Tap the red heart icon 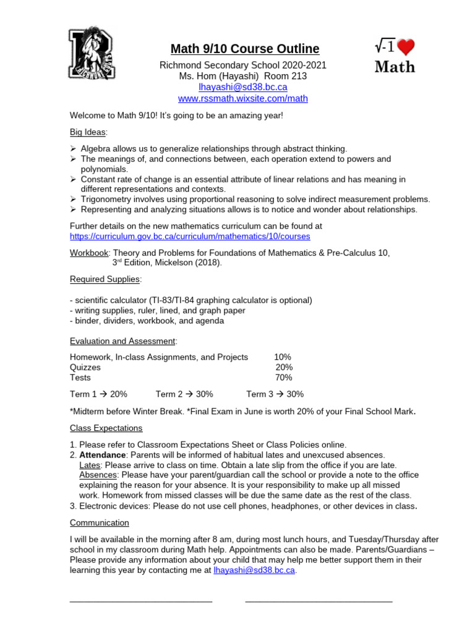pos(405,48)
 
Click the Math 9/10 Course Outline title pos(245,49)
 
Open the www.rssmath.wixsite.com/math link pos(242,98)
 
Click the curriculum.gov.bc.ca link pos(190,236)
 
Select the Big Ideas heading pos(88,132)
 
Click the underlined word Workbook pos(89,252)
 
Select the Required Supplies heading pos(105,279)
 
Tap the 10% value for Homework pos(283,357)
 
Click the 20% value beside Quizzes pos(284,367)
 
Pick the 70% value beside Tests pos(284,378)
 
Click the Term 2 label pos(169,394)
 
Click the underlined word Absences pos(98,475)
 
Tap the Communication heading pos(99,522)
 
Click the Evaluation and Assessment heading pos(122,341)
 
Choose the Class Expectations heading pos(106,428)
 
